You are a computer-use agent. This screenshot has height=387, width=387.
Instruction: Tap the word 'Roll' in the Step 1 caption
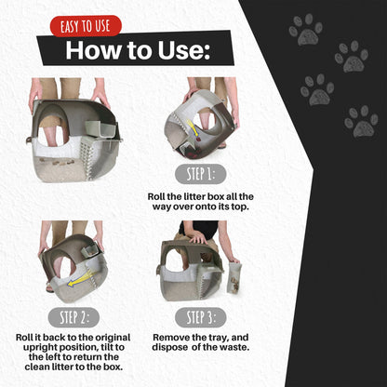160,197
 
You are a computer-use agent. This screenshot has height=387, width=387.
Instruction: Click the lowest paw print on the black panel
361,120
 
